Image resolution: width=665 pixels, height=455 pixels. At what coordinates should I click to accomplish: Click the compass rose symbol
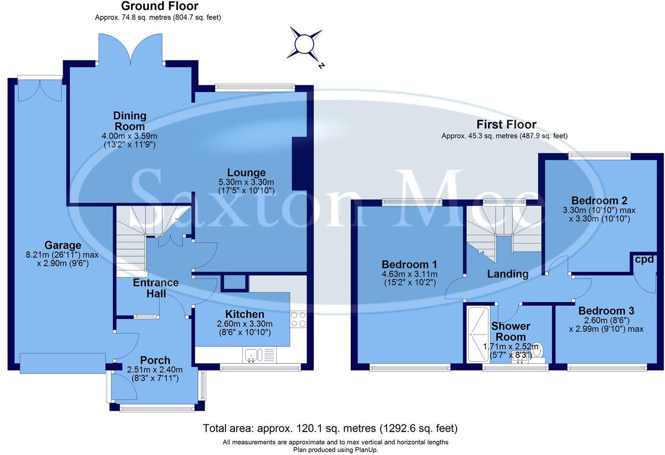[304, 44]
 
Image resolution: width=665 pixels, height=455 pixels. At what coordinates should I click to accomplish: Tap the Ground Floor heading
[159, 6]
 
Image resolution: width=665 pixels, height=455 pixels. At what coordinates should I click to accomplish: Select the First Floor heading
[506, 125]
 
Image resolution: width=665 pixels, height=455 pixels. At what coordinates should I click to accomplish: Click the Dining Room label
[130, 121]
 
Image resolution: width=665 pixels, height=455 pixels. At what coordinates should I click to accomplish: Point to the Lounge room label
[246, 173]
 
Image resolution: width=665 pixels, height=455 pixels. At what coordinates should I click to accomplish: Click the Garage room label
[63, 245]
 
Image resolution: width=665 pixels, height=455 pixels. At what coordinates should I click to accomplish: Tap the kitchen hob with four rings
[298, 319]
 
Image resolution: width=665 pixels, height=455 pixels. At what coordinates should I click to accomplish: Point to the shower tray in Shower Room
[477, 334]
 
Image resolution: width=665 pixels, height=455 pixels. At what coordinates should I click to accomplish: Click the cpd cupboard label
[644, 259]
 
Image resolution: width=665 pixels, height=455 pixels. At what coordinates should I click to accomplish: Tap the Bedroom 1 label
[409, 264]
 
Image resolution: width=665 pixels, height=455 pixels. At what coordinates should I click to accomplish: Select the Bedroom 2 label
[599, 201]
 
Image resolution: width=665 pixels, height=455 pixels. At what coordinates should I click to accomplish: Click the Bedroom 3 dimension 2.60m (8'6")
[607, 320]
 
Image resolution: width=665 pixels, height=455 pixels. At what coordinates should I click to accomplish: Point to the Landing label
[507, 274]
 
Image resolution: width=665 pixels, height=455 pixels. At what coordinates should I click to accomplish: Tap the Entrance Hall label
[156, 288]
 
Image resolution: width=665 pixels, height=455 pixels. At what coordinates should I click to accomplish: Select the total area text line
[330, 429]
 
